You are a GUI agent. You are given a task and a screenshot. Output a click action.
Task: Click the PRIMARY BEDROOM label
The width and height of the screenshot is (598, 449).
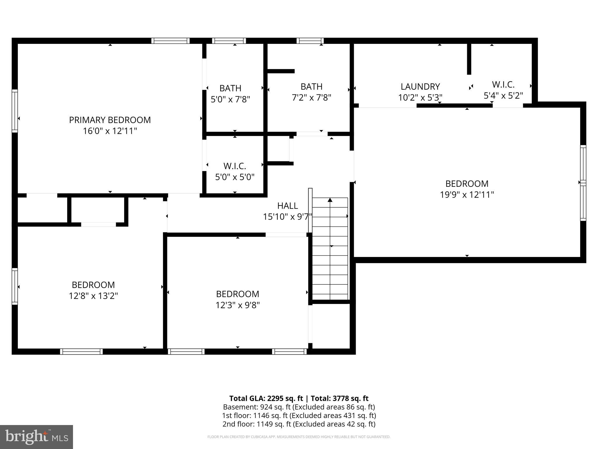click(110, 120)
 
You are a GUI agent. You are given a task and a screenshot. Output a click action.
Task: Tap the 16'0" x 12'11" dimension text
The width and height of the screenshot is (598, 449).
click(110, 131)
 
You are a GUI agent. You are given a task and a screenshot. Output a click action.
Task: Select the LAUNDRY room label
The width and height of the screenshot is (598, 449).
click(420, 87)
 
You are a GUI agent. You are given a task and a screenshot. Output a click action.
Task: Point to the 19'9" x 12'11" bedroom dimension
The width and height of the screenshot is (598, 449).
click(467, 195)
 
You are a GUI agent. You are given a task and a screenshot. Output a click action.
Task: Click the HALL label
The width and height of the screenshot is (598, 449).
click(287, 206)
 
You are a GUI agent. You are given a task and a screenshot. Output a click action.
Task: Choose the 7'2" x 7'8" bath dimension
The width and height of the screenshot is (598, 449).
click(311, 98)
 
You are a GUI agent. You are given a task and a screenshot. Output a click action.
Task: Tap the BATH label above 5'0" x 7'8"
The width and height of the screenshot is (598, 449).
click(230, 88)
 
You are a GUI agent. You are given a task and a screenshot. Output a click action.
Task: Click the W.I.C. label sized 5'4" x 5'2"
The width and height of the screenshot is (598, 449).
click(503, 84)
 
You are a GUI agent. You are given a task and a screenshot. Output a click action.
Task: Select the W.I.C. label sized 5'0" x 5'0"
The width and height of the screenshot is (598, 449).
click(234, 166)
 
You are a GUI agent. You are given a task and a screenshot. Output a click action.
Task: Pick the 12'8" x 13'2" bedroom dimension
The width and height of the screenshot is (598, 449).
click(93, 296)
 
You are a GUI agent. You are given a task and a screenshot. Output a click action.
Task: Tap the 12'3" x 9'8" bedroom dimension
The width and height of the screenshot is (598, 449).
click(237, 305)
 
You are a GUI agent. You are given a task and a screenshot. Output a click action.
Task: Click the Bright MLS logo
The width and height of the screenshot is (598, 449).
click(36, 437)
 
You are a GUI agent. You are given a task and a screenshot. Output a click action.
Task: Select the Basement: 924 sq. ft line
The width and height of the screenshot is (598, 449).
click(299, 407)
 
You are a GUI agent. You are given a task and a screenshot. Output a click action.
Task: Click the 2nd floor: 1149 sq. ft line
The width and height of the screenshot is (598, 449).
click(299, 424)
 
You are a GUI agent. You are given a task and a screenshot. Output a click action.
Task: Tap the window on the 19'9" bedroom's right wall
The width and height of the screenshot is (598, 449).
click(583, 183)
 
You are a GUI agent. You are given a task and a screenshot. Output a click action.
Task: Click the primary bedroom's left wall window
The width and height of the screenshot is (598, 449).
click(15, 111)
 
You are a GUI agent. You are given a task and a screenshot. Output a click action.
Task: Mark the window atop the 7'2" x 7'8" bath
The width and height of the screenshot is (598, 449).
click(310, 41)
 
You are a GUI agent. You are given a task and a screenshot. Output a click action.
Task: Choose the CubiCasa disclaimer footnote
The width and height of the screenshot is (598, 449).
click(299, 437)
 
